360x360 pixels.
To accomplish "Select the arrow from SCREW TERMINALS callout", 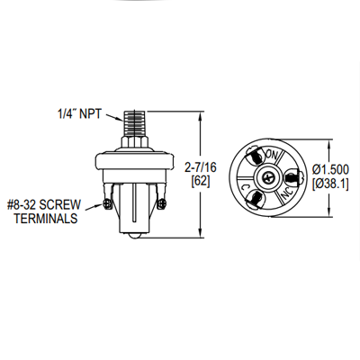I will (x=97, y=208).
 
